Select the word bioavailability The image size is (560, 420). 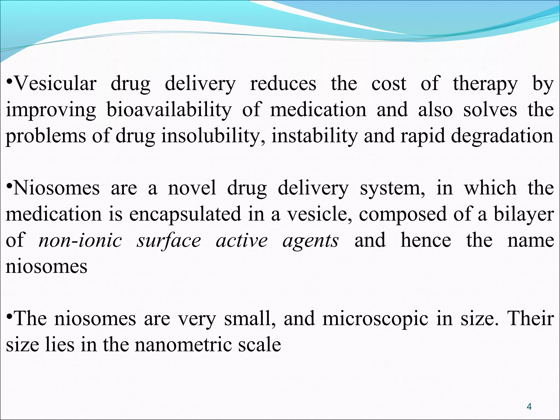tap(169, 110)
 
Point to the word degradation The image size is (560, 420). tap(502, 136)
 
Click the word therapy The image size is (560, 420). tap(485, 84)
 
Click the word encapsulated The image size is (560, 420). tap(185, 214)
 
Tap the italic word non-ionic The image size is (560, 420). tap(80, 241)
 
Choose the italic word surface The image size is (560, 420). tap(169, 241)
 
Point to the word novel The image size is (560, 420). tap(192, 188)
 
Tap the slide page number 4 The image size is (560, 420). tap(529, 407)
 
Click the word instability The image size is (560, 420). tap(314, 136)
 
